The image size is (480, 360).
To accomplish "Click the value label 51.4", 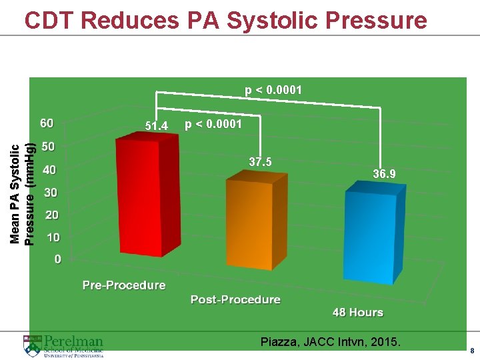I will point(157,126).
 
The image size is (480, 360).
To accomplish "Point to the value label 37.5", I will point(259,162).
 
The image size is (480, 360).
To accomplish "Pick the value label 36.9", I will point(384,174).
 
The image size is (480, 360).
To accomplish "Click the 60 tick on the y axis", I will point(47,123).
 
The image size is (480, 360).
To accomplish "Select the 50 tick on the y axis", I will point(49,146).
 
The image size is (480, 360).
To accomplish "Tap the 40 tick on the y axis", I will point(49,169).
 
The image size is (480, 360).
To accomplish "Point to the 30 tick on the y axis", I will point(50,193).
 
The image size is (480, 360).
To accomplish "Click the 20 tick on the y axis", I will point(51,215).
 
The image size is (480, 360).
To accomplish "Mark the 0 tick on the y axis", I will point(57,259).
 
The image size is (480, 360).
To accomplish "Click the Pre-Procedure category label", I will point(124,285).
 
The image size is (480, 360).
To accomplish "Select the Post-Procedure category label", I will point(235,299).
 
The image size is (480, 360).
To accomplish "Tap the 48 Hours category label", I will point(358,312).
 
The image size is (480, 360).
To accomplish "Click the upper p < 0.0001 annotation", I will point(273,89).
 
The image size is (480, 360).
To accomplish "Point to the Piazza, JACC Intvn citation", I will point(331,343).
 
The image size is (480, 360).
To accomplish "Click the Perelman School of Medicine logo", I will point(63,346).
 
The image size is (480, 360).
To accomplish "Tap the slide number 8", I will point(471,351).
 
